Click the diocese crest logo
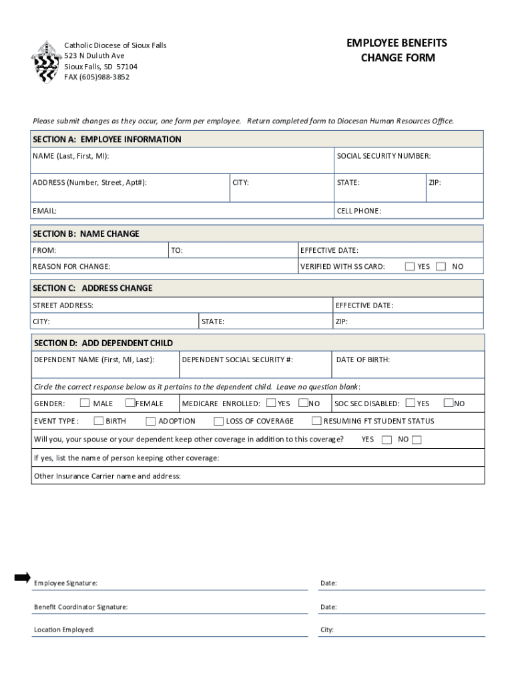45,61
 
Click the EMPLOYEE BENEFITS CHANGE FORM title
397,51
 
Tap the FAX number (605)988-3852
97,77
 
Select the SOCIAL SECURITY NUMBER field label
383,156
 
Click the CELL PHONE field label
358,211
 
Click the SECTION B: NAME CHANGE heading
86,234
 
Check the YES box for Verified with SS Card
410,266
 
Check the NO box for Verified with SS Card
441,266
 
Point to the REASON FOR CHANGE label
71,267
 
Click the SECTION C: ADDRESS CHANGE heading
93,288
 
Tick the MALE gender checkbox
85,403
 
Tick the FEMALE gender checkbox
130,403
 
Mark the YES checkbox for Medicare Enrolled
271,403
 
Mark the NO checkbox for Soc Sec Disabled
449,403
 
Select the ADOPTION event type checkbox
151,421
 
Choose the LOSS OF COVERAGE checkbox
218,421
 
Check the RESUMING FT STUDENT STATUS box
316,421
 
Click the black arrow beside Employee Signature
23,578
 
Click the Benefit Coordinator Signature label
81,607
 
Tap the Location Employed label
64,630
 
